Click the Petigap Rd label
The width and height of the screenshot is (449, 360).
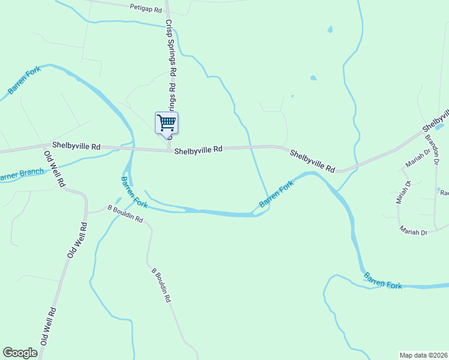146,9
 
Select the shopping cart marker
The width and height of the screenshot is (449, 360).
166,122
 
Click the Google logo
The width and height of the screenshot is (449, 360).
20,353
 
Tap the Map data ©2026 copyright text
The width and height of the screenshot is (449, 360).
423,355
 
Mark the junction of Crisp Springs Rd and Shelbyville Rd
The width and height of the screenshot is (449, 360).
169,150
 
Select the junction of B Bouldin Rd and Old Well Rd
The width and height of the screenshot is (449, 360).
85,212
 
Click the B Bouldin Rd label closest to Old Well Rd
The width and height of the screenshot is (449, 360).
125,213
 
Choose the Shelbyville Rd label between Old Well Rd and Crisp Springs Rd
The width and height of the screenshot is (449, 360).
76,146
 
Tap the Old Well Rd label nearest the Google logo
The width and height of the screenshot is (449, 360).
48,326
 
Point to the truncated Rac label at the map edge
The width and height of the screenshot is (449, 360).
444,193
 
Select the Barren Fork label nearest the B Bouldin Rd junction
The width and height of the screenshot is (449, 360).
134,193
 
